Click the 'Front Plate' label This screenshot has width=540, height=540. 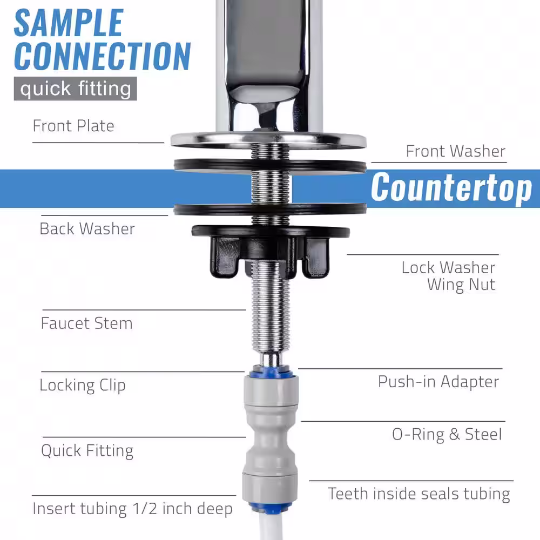click(73, 126)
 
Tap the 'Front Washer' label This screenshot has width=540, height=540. click(456, 151)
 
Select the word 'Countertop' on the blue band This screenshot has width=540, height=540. click(451, 188)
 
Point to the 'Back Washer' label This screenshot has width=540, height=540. click(87, 228)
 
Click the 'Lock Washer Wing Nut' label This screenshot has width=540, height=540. click(448, 276)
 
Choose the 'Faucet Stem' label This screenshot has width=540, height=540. click(86, 323)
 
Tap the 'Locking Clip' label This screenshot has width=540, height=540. click(82, 386)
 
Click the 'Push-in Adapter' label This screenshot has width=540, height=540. click(438, 382)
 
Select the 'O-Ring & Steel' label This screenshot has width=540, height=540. click(447, 434)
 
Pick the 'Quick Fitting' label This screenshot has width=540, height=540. click(87, 451)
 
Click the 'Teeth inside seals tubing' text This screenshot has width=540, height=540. click(419, 494)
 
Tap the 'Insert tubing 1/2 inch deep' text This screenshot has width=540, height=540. click(133, 509)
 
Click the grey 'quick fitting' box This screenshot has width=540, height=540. click(76, 89)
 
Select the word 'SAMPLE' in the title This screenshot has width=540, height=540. click(69, 23)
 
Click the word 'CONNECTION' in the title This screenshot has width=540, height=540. click(102, 56)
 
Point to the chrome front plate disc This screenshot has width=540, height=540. click(268, 140)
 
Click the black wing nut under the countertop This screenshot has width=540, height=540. click(271, 252)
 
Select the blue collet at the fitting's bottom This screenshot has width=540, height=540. click(271, 507)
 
